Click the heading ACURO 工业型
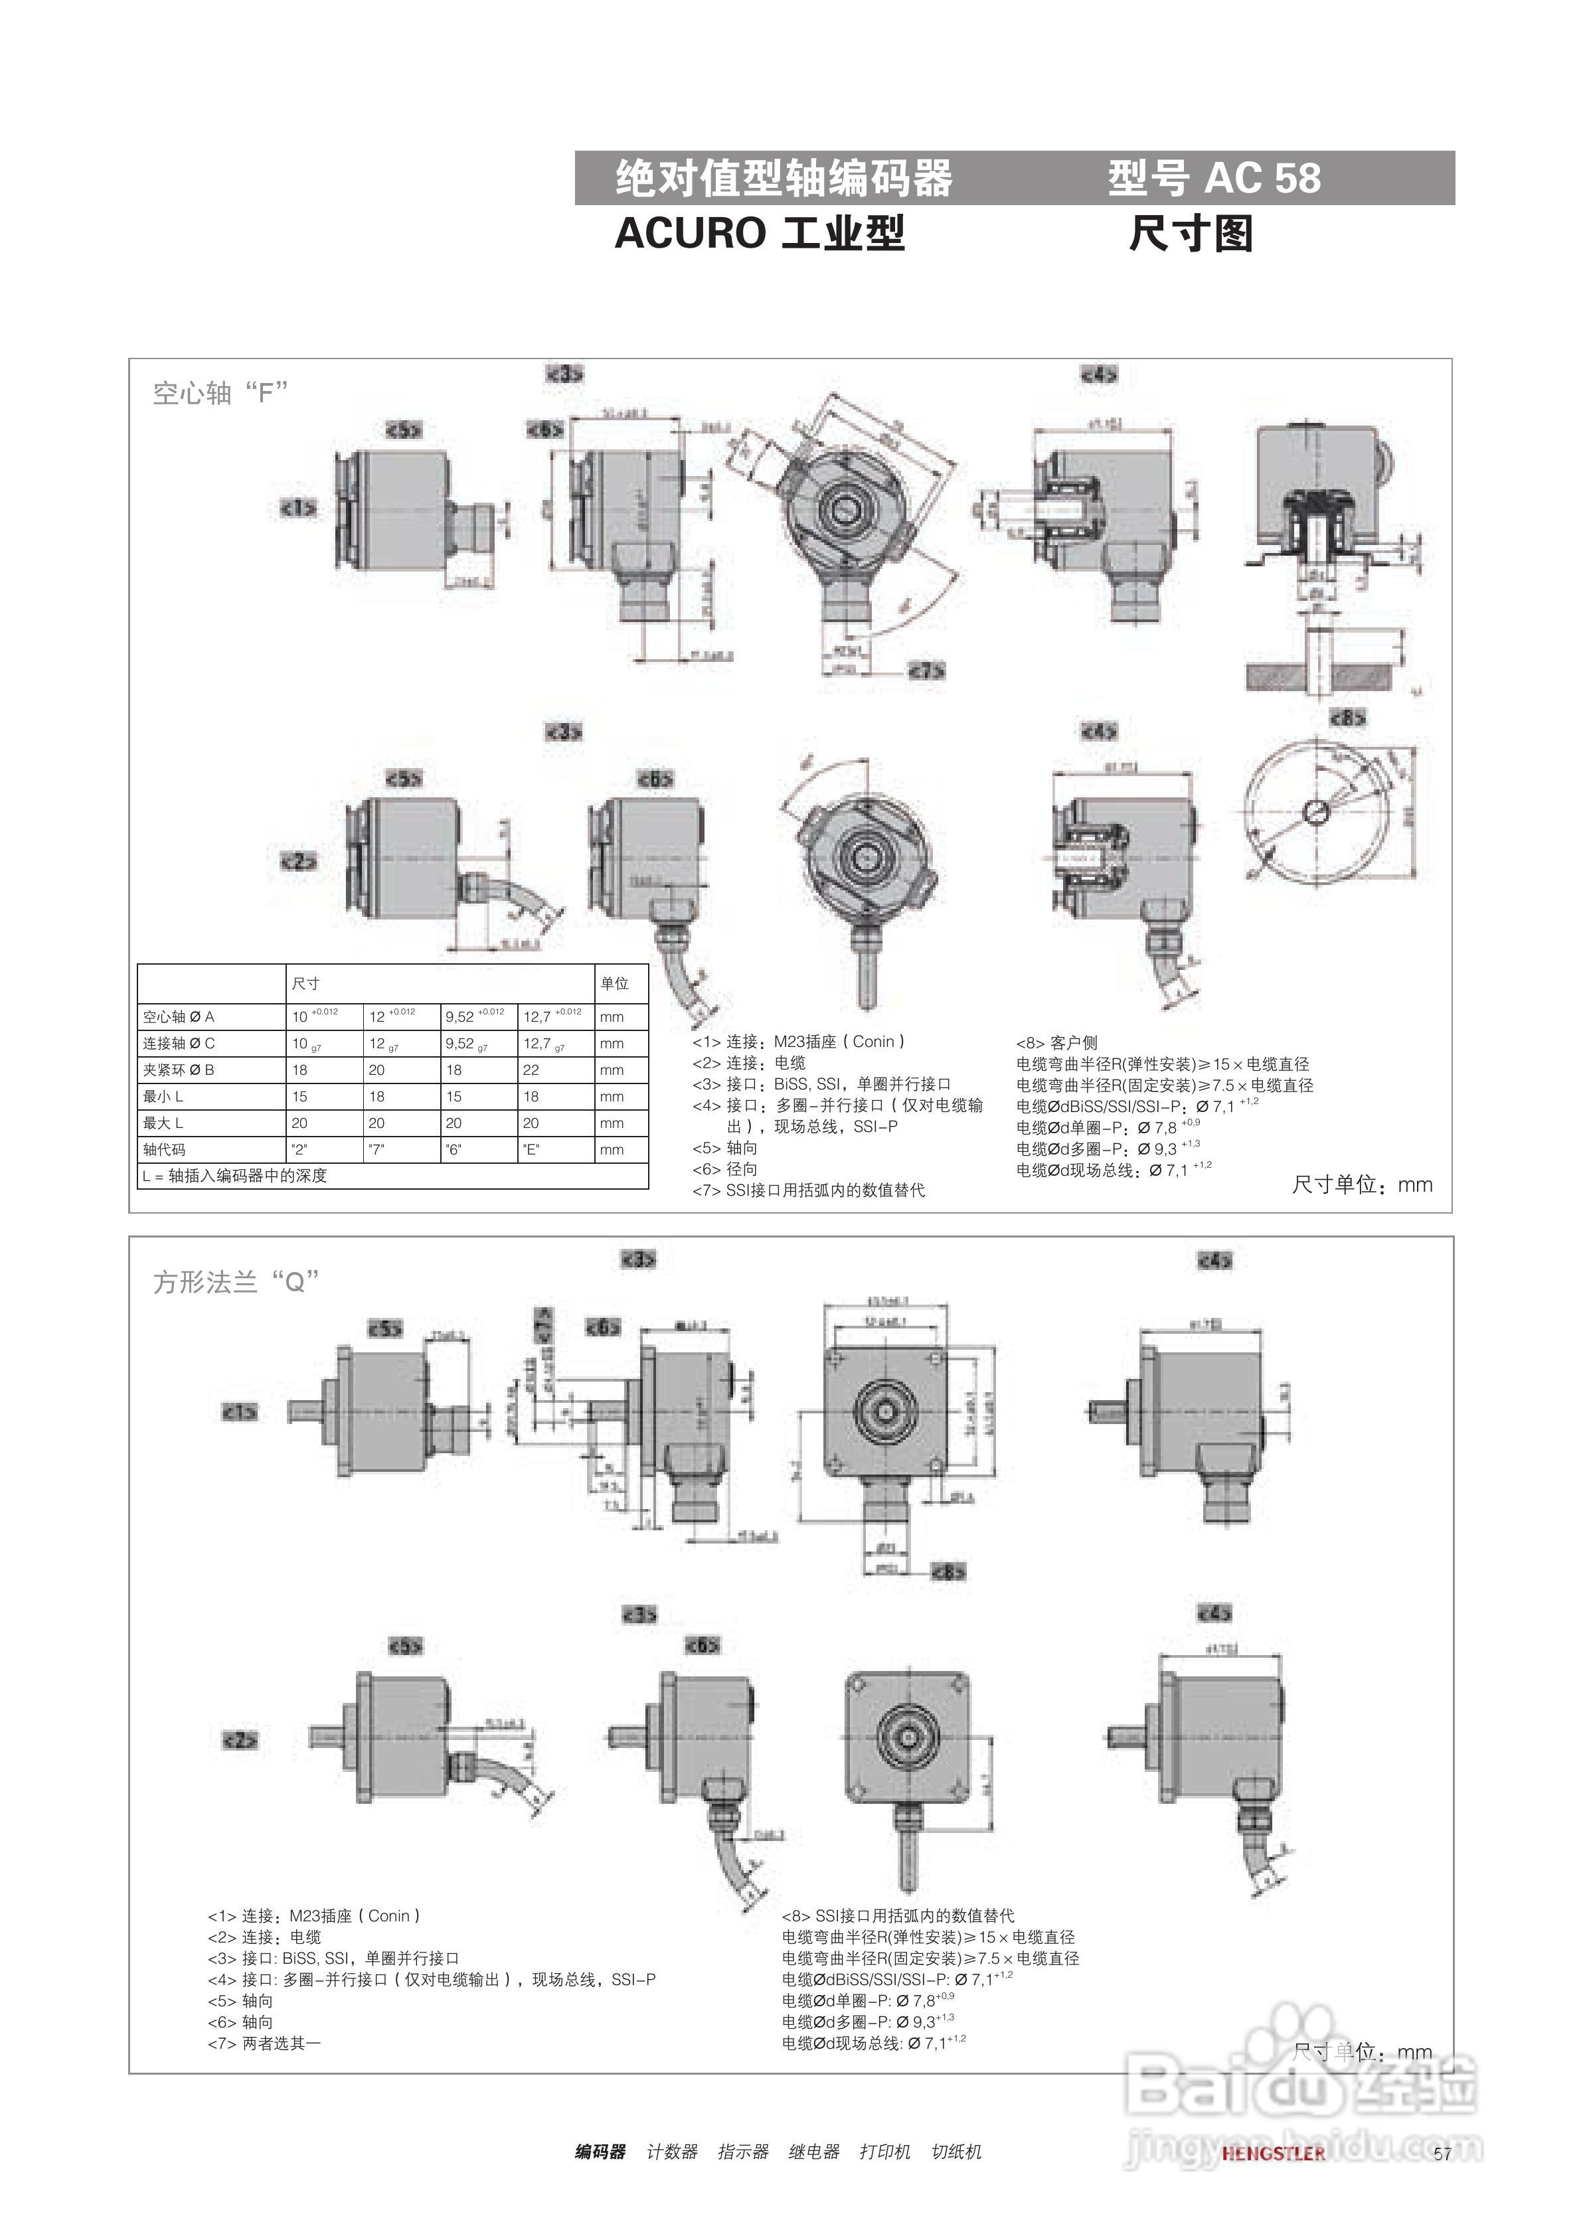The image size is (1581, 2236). pos(759,234)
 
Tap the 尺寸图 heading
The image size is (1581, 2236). pos(1191,234)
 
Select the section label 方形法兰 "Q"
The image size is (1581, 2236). pos(236,1281)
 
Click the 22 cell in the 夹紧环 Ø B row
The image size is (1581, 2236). pos(531,1070)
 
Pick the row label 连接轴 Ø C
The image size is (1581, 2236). pos(179,1043)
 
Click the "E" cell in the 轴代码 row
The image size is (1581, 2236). pos(531,1149)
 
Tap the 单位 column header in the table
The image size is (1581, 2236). pos(615,984)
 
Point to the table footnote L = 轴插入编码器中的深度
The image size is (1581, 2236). pos(235,1176)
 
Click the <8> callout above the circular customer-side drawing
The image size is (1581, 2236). pos(1348,718)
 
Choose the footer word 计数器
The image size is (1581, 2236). pos(672,2151)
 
